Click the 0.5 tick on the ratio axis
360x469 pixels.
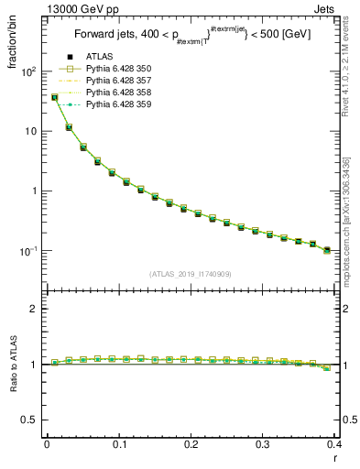[32, 420]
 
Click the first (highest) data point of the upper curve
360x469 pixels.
[55, 97]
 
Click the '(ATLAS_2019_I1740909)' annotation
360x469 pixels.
[191, 274]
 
